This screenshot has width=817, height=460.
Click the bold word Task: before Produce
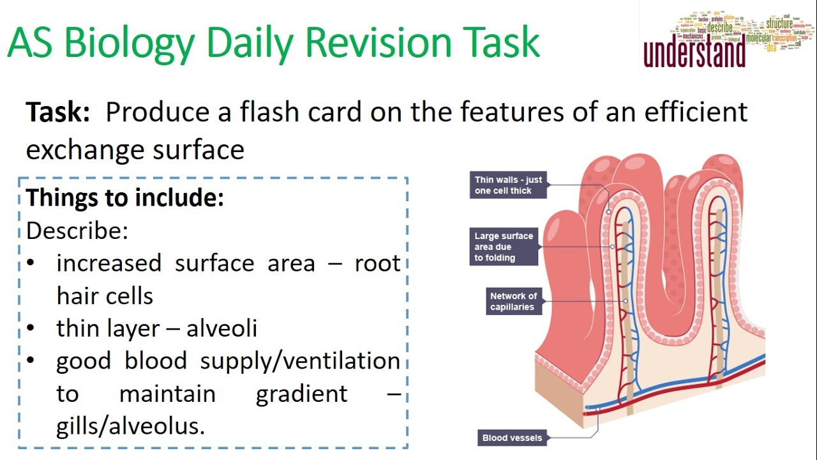(x=57, y=112)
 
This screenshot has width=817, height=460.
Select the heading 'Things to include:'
(x=125, y=198)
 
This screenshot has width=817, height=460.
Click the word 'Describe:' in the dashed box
(x=77, y=231)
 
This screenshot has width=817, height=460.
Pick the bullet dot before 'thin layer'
(x=32, y=329)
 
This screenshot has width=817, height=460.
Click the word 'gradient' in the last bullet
(x=302, y=394)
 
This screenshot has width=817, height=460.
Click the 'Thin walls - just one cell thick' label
(x=508, y=185)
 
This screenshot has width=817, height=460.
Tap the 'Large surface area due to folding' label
(x=504, y=247)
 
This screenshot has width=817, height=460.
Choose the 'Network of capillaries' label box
(x=513, y=302)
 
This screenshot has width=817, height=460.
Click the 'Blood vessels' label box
(x=512, y=438)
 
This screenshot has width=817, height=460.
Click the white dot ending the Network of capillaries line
(x=626, y=301)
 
